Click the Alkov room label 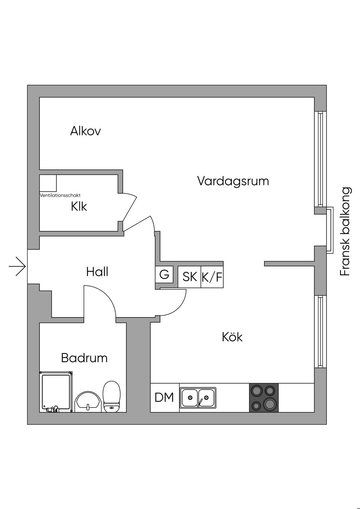(85, 131)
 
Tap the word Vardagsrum (233, 181)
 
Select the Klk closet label (79, 206)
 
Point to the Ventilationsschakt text (60, 195)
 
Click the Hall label (97, 272)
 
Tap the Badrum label (84, 358)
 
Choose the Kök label (232, 337)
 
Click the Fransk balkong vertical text (345, 231)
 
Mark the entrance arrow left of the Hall (17, 266)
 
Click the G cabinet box (164, 275)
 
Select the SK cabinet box (189, 277)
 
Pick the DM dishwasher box (165, 398)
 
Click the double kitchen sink (198, 398)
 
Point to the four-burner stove (264, 398)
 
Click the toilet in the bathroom (111, 397)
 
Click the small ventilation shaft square (48, 183)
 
